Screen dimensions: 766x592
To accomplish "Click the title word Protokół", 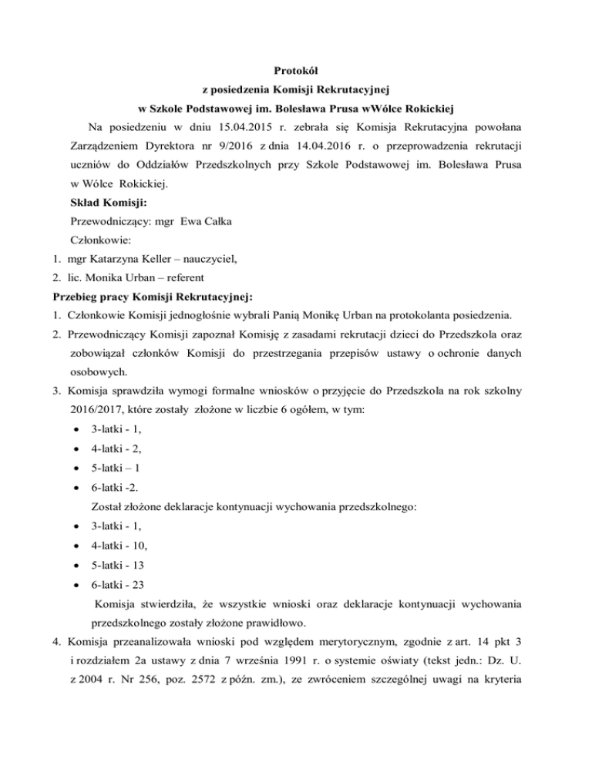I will click(295, 71).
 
